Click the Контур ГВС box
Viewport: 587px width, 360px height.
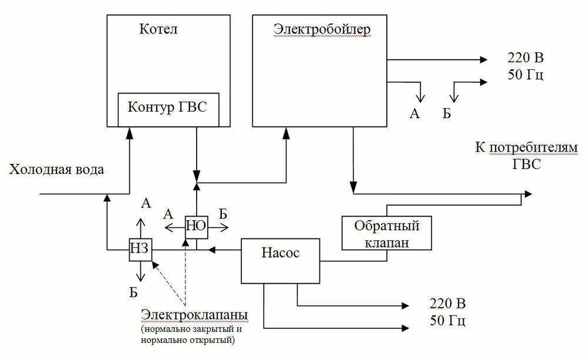[x=168, y=109]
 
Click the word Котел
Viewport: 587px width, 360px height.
[x=155, y=28]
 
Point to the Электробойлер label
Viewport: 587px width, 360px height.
[x=322, y=28]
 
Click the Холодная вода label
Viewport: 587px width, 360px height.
[x=56, y=170]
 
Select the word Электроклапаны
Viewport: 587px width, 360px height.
[x=194, y=316]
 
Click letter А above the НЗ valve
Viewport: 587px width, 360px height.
[x=146, y=204]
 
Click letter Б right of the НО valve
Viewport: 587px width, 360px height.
[x=223, y=213]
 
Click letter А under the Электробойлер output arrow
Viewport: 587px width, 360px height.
[x=414, y=113]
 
